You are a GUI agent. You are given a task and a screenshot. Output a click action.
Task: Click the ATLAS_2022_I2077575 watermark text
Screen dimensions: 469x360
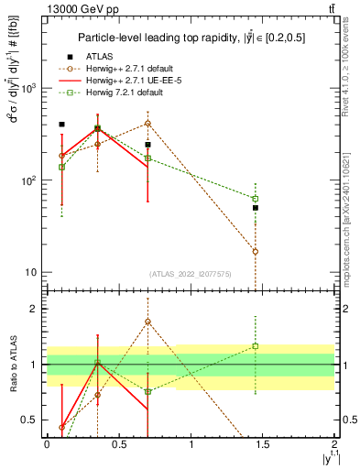(191, 274)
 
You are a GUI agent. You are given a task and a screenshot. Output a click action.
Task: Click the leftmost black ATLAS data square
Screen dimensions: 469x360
(61, 124)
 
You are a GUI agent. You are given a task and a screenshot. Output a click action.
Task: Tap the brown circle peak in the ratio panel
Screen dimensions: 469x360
(147, 322)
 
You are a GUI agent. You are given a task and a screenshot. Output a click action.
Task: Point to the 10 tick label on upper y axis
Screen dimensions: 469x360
(30, 272)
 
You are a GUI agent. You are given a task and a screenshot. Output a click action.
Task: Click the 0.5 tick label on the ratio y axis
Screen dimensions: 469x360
(32, 420)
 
